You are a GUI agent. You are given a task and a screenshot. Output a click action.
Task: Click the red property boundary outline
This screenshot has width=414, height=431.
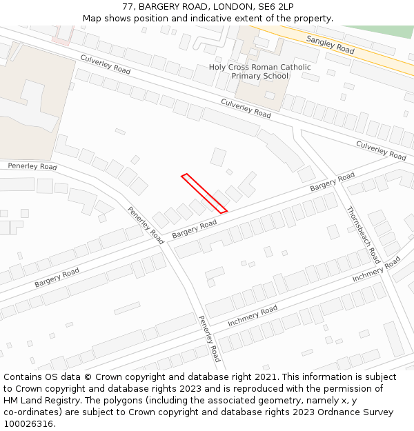204,193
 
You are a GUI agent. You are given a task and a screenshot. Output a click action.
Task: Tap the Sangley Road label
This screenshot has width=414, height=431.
331,46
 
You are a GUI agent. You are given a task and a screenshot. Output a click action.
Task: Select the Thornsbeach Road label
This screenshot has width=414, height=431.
363,235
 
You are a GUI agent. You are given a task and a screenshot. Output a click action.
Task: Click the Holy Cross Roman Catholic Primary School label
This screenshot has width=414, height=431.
260,71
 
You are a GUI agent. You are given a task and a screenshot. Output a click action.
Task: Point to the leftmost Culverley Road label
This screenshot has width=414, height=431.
106,65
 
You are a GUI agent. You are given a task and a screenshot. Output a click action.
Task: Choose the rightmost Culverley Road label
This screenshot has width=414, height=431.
381,150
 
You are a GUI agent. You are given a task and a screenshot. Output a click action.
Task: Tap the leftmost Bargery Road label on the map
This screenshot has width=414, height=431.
57,278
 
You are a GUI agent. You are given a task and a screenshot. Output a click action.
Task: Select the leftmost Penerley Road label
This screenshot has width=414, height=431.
32,166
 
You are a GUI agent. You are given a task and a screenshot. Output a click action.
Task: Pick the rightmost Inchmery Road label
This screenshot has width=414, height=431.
376,269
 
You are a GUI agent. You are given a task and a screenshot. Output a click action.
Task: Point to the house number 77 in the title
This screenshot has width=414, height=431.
128,6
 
